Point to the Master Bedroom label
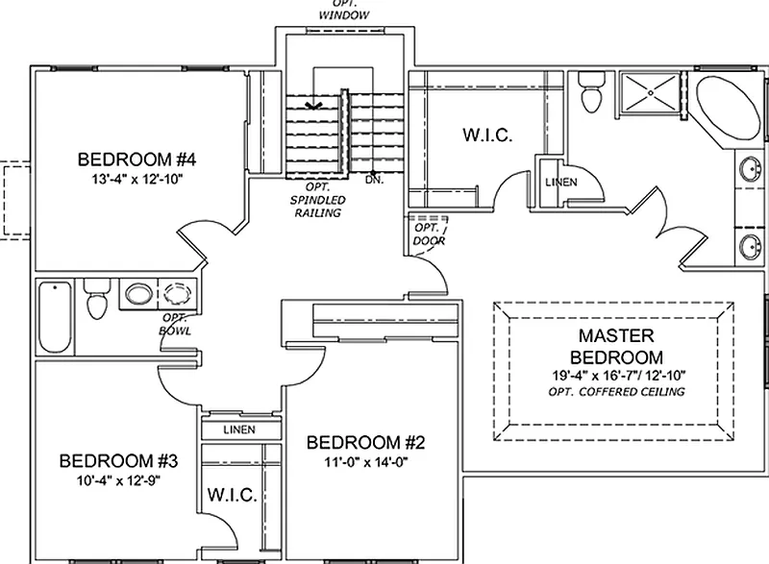(616, 346)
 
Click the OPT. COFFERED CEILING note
(616, 392)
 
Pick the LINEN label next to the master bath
(560, 183)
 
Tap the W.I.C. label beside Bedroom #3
(231, 495)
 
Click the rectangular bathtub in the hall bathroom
(55, 317)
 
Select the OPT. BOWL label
(176, 325)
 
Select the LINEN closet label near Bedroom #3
(238, 429)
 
